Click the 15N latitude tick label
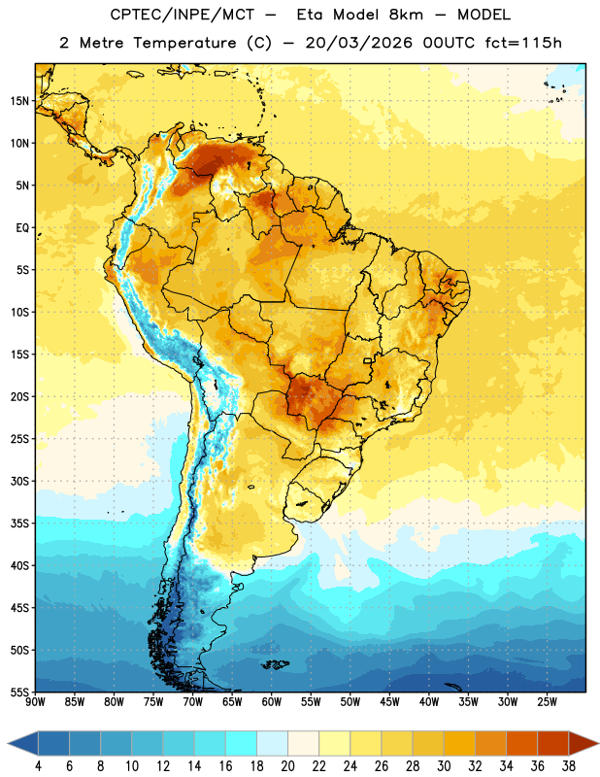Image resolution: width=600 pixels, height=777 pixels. tap(19, 101)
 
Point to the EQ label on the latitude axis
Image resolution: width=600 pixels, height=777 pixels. tap(22, 228)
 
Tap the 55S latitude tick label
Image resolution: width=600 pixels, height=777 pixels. tap(19, 692)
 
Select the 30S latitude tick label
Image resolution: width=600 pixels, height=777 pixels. tap(19, 481)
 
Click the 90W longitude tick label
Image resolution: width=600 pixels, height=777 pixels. tap(36, 702)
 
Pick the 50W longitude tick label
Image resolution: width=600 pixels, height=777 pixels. tap(350, 702)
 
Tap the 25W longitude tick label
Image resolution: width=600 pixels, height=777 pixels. tap(547, 702)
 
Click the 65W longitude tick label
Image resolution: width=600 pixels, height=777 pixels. tap(232, 702)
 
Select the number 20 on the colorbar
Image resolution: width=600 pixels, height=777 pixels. tap(287, 766)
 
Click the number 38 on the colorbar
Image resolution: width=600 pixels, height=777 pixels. tap(568, 766)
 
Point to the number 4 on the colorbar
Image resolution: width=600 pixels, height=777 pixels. tap(38, 766)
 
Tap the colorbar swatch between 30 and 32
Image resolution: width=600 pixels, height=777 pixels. tap(459, 744)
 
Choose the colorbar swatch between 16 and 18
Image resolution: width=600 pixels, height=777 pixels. tap(242, 744)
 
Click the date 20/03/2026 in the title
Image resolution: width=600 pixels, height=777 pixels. tap(358, 43)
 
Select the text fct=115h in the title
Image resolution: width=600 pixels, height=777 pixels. tap(523, 43)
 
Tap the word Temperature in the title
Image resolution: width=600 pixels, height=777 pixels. tap(184, 43)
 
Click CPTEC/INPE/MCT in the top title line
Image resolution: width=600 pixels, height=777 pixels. tap(183, 15)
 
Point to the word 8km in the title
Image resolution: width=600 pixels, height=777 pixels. tap(406, 15)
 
